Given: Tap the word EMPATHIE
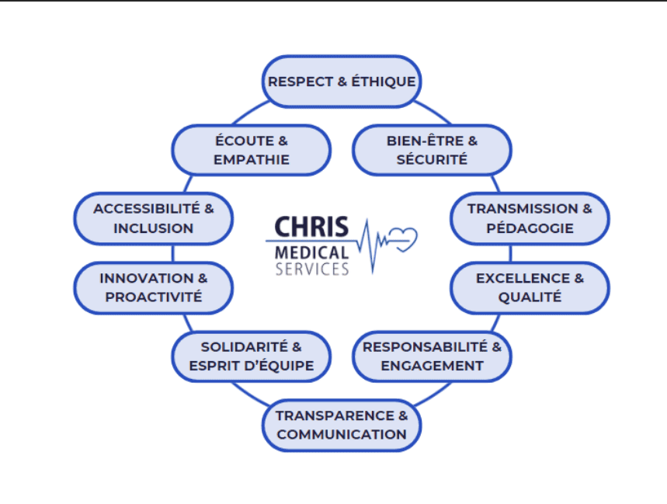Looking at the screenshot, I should point(251,160).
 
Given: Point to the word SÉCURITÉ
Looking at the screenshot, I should point(432,160).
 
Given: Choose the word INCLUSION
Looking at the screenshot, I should point(153,228).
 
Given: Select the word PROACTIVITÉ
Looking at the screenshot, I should point(153,297).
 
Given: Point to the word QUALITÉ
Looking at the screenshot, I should point(530,297).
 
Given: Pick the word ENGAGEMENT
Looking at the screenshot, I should point(432,366).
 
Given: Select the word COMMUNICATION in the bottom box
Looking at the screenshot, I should point(342,435).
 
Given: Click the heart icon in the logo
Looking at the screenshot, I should point(403,236).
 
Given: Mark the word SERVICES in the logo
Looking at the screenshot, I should point(312,269).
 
